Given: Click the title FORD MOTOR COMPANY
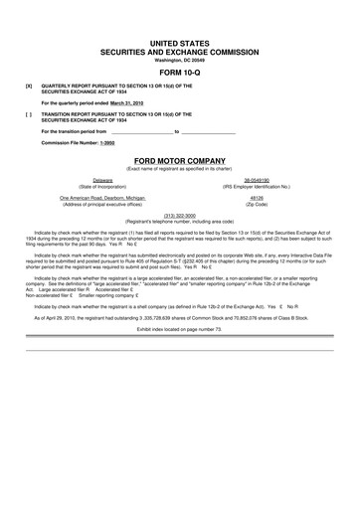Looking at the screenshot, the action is (x=180, y=159).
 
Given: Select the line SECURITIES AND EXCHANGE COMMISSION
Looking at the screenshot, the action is (x=180, y=52).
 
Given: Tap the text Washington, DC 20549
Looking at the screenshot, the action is (x=180, y=61).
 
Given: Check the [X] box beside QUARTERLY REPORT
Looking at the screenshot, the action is (x=29, y=86).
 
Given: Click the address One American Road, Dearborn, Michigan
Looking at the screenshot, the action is (x=102, y=198).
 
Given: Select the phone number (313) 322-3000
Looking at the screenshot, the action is (x=180, y=215).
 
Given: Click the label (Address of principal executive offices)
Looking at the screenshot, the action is (x=102, y=204).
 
